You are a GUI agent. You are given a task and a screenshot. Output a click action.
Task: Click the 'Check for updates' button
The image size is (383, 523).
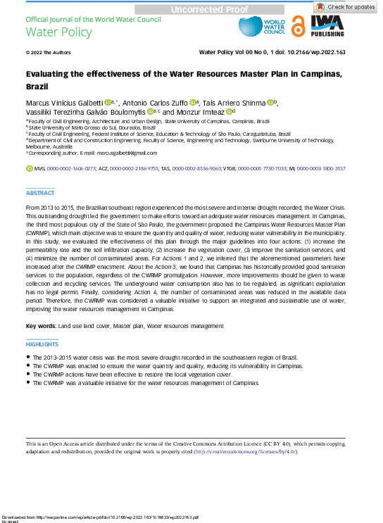[345, 6]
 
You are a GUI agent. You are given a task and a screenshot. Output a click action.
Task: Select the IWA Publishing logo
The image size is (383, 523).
[328, 26]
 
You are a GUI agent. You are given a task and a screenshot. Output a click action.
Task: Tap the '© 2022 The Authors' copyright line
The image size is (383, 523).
[46, 53]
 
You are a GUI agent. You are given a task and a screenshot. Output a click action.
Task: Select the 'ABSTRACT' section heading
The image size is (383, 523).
[39, 193]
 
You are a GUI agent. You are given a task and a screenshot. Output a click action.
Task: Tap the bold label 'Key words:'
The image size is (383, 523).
[42, 326]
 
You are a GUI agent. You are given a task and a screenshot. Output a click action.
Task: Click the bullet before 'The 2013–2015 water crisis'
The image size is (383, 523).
[28, 358]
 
